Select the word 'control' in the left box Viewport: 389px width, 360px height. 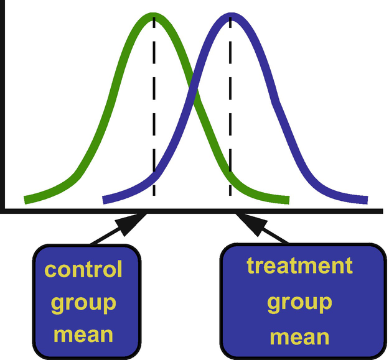point(83,270)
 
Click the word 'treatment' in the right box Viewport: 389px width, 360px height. point(299,265)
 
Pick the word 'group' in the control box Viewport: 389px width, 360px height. point(83,303)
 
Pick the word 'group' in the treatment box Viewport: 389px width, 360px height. point(299,303)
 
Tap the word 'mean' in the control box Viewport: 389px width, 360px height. point(83,335)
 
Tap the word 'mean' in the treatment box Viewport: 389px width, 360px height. point(299,336)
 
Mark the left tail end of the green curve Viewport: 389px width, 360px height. point(27,200)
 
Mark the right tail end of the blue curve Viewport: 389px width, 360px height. point(365,200)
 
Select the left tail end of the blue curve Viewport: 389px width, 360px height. point(105,200)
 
